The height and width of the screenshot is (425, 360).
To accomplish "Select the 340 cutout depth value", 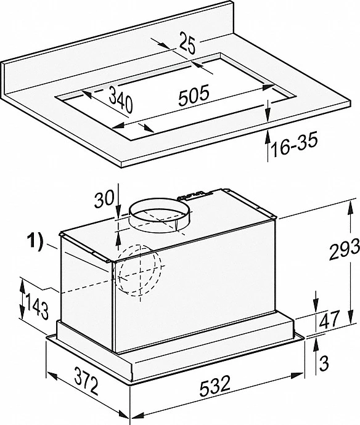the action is (121, 99).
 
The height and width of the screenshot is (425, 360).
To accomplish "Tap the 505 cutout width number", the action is (194, 94).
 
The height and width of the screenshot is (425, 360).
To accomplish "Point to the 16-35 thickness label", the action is (294, 145).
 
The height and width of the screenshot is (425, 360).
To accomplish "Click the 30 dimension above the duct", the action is (104, 199).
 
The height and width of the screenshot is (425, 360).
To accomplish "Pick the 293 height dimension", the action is (344, 249).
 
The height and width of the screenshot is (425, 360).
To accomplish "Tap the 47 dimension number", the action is (329, 319).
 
